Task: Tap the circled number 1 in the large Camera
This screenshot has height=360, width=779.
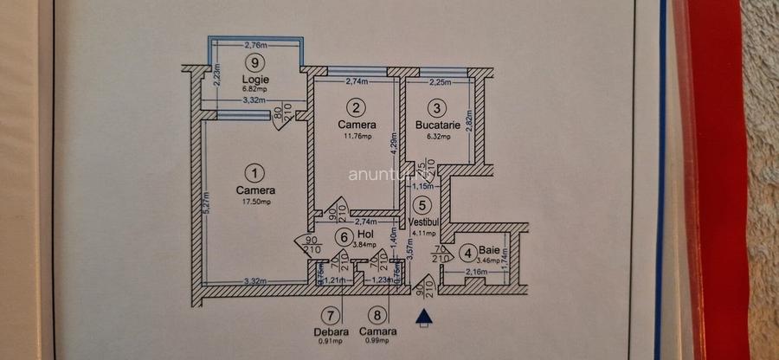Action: [x=254, y=173]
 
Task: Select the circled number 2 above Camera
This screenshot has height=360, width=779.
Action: [x=355, y=107]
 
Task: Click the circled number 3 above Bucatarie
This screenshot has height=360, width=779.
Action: [x=438, y=107]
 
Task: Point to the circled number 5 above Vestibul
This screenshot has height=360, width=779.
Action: [x=422, y=206]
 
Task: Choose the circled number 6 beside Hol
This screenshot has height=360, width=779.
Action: [x=344, y=237]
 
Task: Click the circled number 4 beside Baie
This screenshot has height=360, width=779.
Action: [x=467, y=254]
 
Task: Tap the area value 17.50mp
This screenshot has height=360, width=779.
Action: [x=255, y=202]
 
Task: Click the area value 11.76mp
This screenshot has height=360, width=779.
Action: [x=354, y=136]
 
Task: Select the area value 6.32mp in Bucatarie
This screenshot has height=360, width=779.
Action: [x=438, y=136]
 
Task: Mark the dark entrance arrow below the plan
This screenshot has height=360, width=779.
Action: [x=423, y=317]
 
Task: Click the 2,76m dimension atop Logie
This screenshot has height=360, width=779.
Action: [x=254, y=45]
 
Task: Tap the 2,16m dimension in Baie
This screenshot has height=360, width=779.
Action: [x=475, y=273]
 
